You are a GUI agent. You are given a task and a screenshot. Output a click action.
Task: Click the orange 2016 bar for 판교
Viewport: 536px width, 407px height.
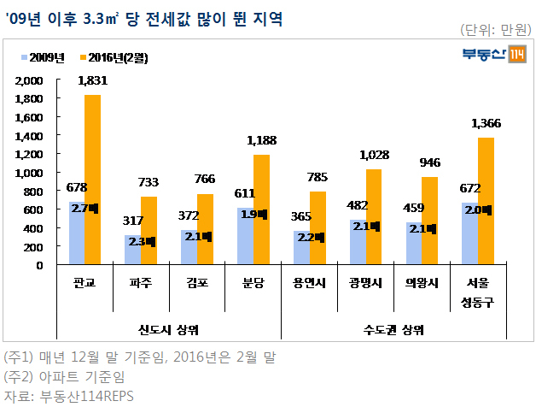(x=93, y=180)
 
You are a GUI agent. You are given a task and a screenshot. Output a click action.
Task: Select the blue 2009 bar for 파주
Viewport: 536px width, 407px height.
(x=132, y=250)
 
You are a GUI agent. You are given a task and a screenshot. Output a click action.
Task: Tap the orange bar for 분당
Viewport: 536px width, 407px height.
(x=261, y=209)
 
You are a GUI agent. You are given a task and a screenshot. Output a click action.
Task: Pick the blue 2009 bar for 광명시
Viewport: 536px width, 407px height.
(x=358, y=242)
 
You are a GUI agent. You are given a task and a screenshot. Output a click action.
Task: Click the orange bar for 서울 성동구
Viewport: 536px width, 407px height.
(x=486, y=201)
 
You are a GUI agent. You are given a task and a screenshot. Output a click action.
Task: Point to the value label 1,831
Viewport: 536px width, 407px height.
(x=93, y=81)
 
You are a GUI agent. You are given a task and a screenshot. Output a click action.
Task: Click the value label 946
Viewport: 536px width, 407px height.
(x=430, y=162)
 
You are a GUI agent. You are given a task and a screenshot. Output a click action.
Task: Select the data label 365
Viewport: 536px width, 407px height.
(x=301, y=216)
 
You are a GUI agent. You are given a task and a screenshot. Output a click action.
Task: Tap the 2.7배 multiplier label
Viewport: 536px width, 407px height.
(x=84, y=209)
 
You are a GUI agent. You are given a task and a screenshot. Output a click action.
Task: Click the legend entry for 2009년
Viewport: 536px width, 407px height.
(x=43, y=57)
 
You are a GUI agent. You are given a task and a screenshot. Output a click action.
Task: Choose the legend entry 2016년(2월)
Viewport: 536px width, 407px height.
(x=114, y=57)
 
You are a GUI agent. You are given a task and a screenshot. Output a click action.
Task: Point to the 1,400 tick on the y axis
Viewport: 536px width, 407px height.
(x=29, y=136)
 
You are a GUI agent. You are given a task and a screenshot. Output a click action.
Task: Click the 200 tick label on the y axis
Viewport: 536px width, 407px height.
(x=33, y=247)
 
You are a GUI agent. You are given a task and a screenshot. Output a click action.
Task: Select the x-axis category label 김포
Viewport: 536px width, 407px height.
(x=197, y=283)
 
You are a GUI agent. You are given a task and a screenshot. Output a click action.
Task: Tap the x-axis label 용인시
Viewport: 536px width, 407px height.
(x=309, y=283)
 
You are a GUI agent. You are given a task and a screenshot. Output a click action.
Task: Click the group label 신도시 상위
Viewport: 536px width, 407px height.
(x=168, y=329)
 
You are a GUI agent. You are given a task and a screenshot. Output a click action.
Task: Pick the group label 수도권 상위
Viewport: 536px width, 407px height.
(x=393, y=329)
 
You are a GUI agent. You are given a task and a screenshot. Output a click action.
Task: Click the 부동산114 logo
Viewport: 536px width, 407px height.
(x=494, y=54)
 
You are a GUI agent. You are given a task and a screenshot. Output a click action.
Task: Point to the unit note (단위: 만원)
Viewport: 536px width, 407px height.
(x=496, y=30)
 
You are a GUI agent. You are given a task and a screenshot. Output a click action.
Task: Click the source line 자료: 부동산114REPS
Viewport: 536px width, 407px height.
(x=69, y=396)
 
